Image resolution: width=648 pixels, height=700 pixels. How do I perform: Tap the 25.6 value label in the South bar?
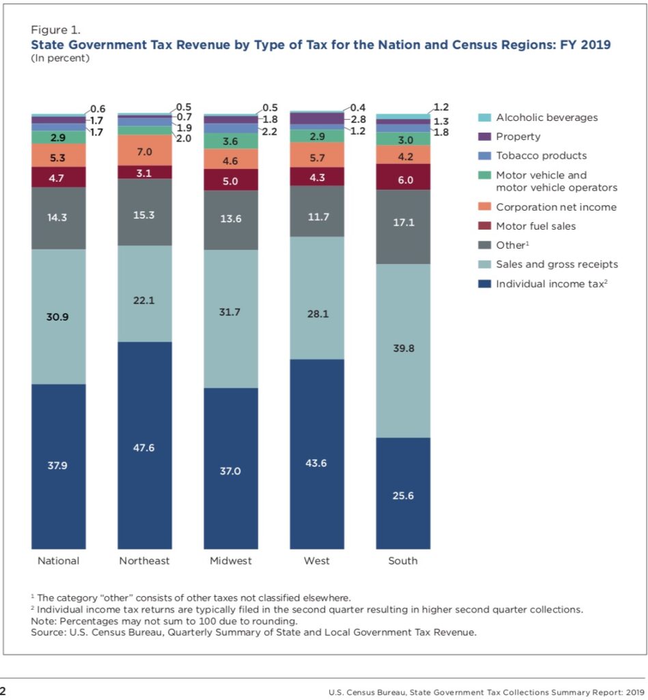(x=403, y=496)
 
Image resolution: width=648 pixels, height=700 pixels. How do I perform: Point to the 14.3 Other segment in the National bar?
(x=58, y=217)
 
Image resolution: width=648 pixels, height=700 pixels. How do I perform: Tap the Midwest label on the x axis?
(x=230, y=561)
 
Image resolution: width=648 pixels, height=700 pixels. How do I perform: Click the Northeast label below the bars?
(x=144, y=561)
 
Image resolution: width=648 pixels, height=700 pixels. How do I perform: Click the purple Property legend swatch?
(x=483, y=137)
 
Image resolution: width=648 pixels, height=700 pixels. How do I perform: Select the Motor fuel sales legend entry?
(x=536, y=226)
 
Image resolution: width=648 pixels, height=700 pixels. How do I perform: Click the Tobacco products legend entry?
(x=541, y=156)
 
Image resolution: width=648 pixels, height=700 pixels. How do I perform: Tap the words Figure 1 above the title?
(x=55, y=29)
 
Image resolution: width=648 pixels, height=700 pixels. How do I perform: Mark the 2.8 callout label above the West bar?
(x=358, y=119)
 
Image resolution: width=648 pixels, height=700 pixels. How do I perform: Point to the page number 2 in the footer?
(x=3, y=691)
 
